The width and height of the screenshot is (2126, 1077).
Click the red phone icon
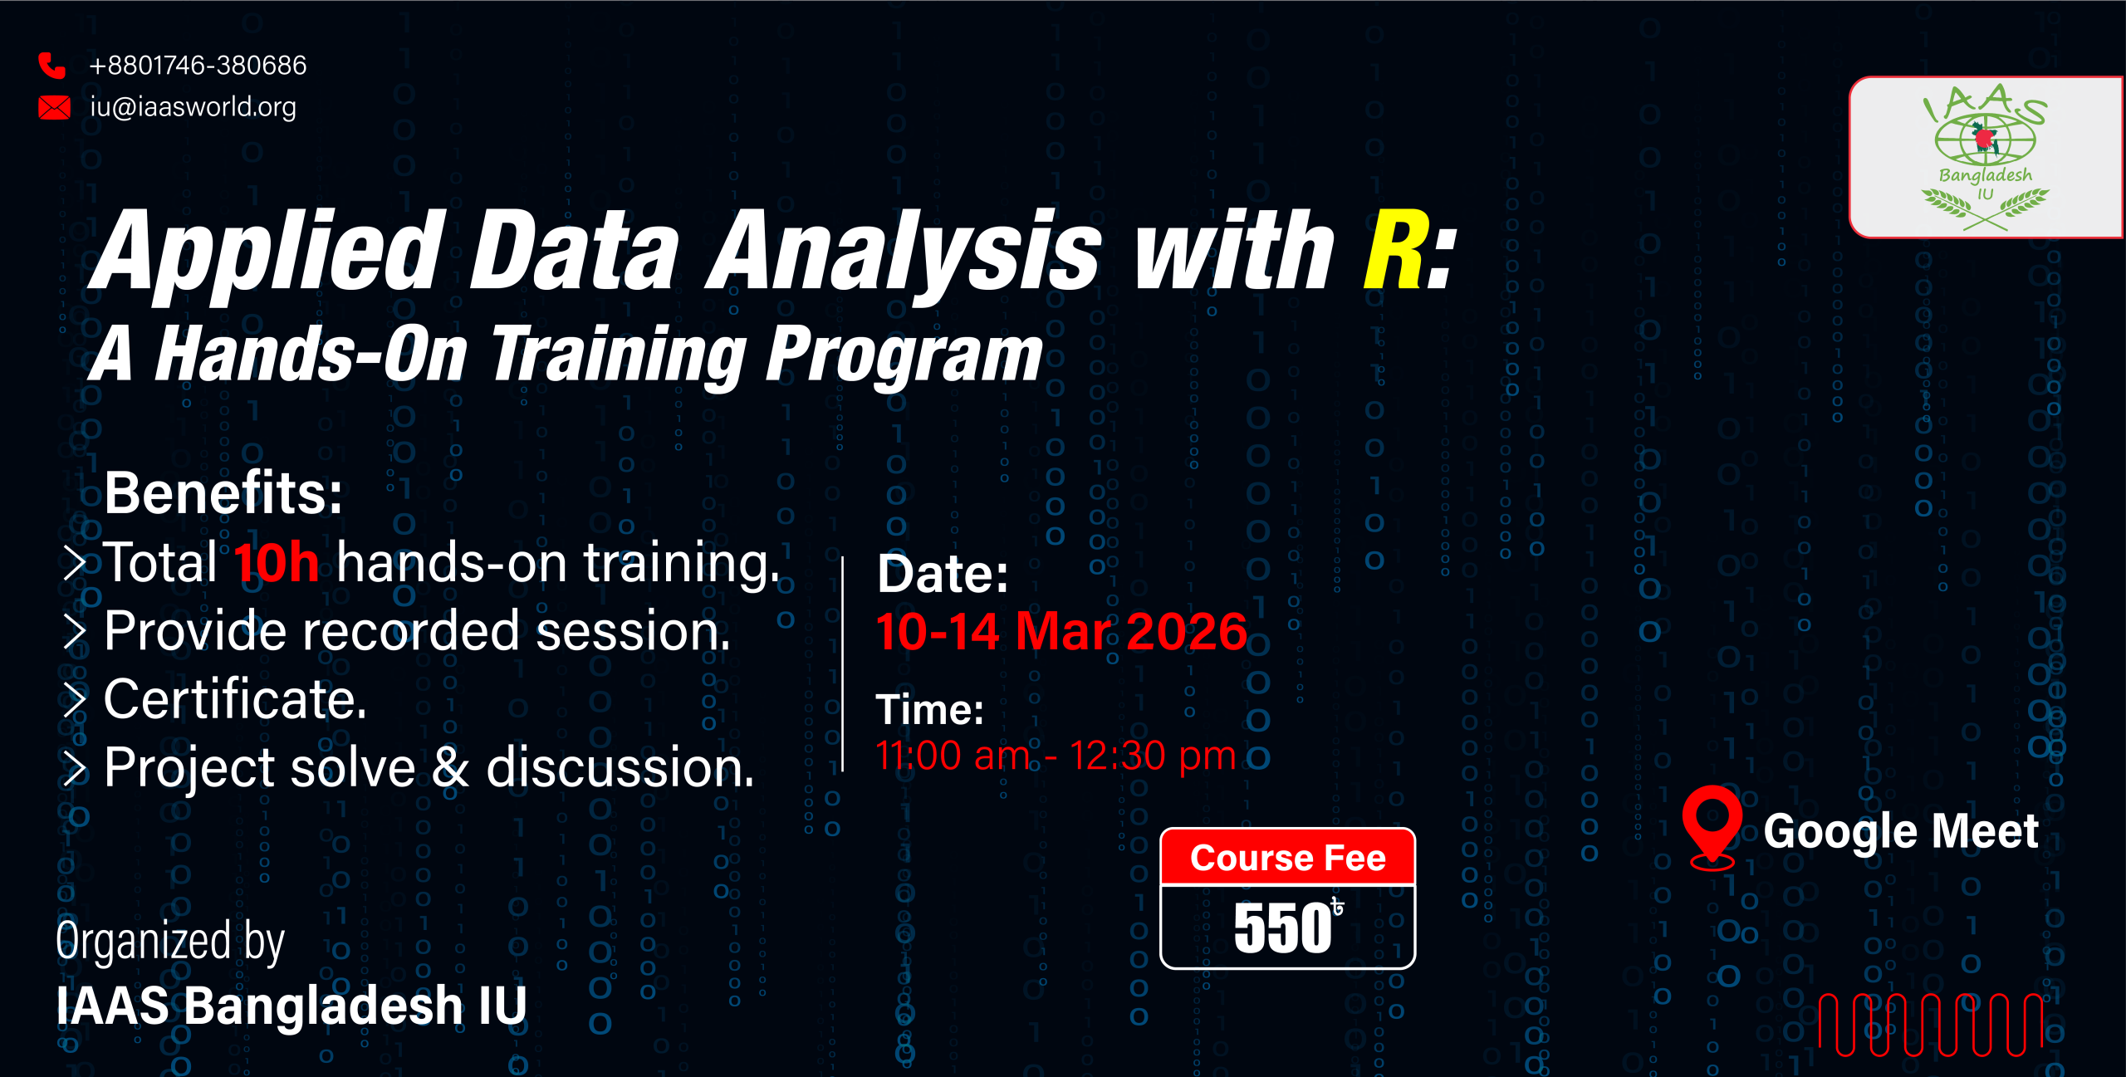(x=51, y=65)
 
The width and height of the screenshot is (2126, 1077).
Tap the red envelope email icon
(x=55, y=107)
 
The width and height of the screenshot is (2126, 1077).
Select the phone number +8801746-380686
(x=198, y=65)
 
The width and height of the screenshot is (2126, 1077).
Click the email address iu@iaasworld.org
(x=193, y=107)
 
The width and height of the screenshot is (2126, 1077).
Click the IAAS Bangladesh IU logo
(x=1986, y=158)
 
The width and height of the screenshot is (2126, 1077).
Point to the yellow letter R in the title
(x=1398, y=250)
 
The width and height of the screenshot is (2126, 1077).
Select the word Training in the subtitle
(x=619, y=355)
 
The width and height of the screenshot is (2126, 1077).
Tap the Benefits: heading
(x=223, y=492)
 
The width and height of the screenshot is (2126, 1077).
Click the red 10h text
(x=277, y=562)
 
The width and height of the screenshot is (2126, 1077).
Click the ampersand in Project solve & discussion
(x=451, y=766)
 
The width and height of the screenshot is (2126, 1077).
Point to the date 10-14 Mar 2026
(x=1061, y=631)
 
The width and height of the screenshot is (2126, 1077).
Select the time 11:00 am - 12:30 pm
(x=1056, y=756)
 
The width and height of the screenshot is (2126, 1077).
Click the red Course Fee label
(x=1288, y=858)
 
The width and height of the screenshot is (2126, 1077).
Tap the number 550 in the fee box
(x=1282, y=928)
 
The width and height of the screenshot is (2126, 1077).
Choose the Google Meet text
(x=1901, y=832)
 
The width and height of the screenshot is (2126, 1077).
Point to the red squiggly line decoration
(x=1931, y=1024)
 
